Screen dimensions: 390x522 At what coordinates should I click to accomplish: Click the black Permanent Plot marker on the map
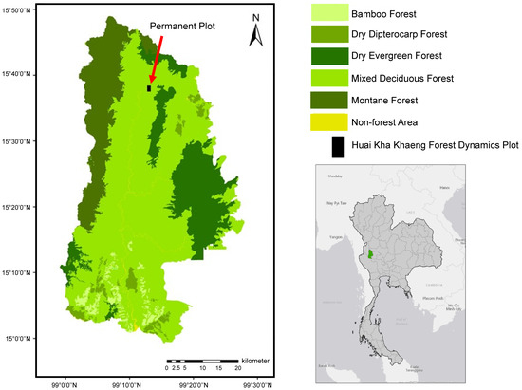pos(149,88)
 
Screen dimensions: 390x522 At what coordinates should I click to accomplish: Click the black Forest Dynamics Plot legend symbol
pos(337,145)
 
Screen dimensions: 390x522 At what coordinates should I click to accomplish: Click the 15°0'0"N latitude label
pos(19,338)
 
